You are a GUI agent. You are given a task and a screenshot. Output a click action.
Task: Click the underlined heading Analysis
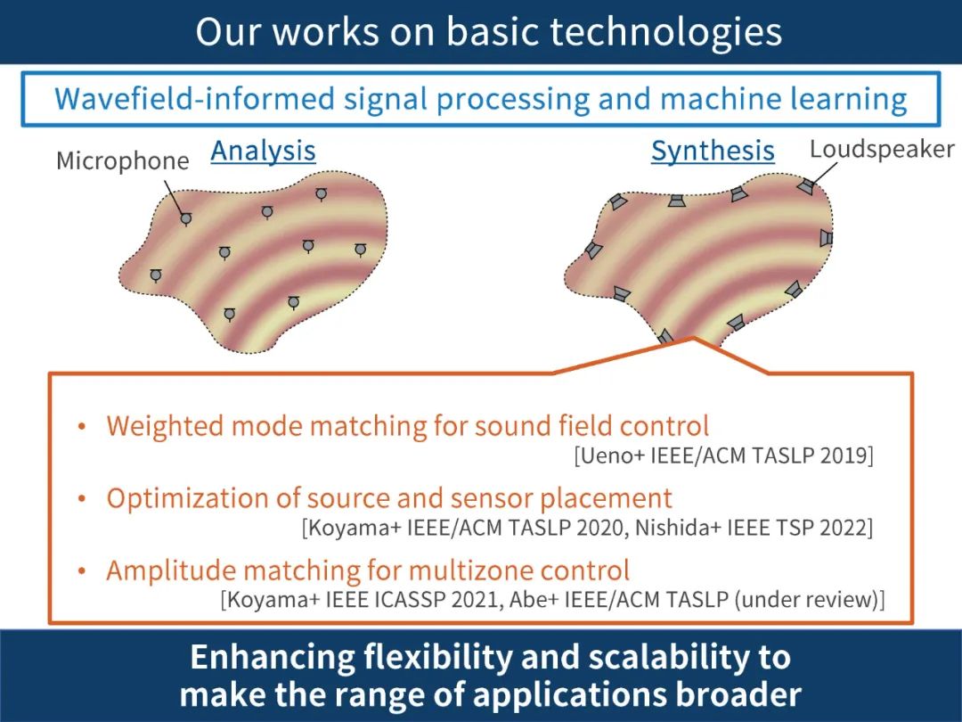tap(263, 151)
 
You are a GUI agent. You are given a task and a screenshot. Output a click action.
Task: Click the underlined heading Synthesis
tap(713, 152)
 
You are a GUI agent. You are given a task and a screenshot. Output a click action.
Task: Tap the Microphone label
tap(123, 161)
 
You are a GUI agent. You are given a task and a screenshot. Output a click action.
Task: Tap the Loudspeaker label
tap(881, 149)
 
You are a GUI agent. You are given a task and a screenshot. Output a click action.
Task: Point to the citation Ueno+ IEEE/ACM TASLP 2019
tap(724, 455)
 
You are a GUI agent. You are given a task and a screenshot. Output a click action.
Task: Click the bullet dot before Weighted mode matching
tap(82, 427)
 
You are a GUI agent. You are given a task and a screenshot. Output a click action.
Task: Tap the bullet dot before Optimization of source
tap(82, 499)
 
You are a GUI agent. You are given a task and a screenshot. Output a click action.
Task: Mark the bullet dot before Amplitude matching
tap(82, 571)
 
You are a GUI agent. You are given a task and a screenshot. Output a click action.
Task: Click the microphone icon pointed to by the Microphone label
tap(185, 217)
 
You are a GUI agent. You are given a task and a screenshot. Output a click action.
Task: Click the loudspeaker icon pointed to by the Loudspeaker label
tap(805, 186)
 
